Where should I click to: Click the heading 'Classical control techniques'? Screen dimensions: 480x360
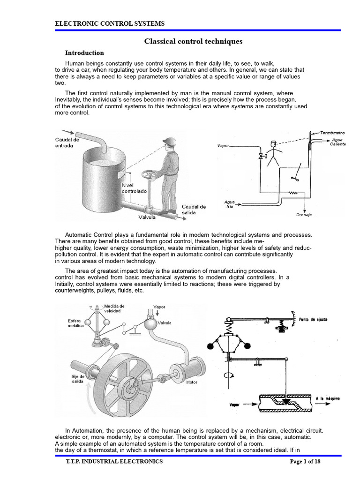(x=193, y=42)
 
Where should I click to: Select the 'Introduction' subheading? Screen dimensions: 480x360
(x=84, y=53)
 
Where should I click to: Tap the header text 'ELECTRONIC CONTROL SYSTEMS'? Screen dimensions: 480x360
(x=110, y=23)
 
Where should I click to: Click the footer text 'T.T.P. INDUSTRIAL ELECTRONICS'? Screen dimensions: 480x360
(x=114, y=462)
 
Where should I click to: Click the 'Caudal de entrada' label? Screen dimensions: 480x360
(x=67, y=142)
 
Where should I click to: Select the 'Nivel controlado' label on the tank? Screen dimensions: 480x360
(x=134, y=188)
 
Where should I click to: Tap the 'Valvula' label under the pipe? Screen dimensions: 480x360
(x=148, y=217)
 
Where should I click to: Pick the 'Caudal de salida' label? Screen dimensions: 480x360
(x=194, y=210)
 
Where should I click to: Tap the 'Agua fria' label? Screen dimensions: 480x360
(x=229, y=204)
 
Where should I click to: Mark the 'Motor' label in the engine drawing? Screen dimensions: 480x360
(x=192, y=382)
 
